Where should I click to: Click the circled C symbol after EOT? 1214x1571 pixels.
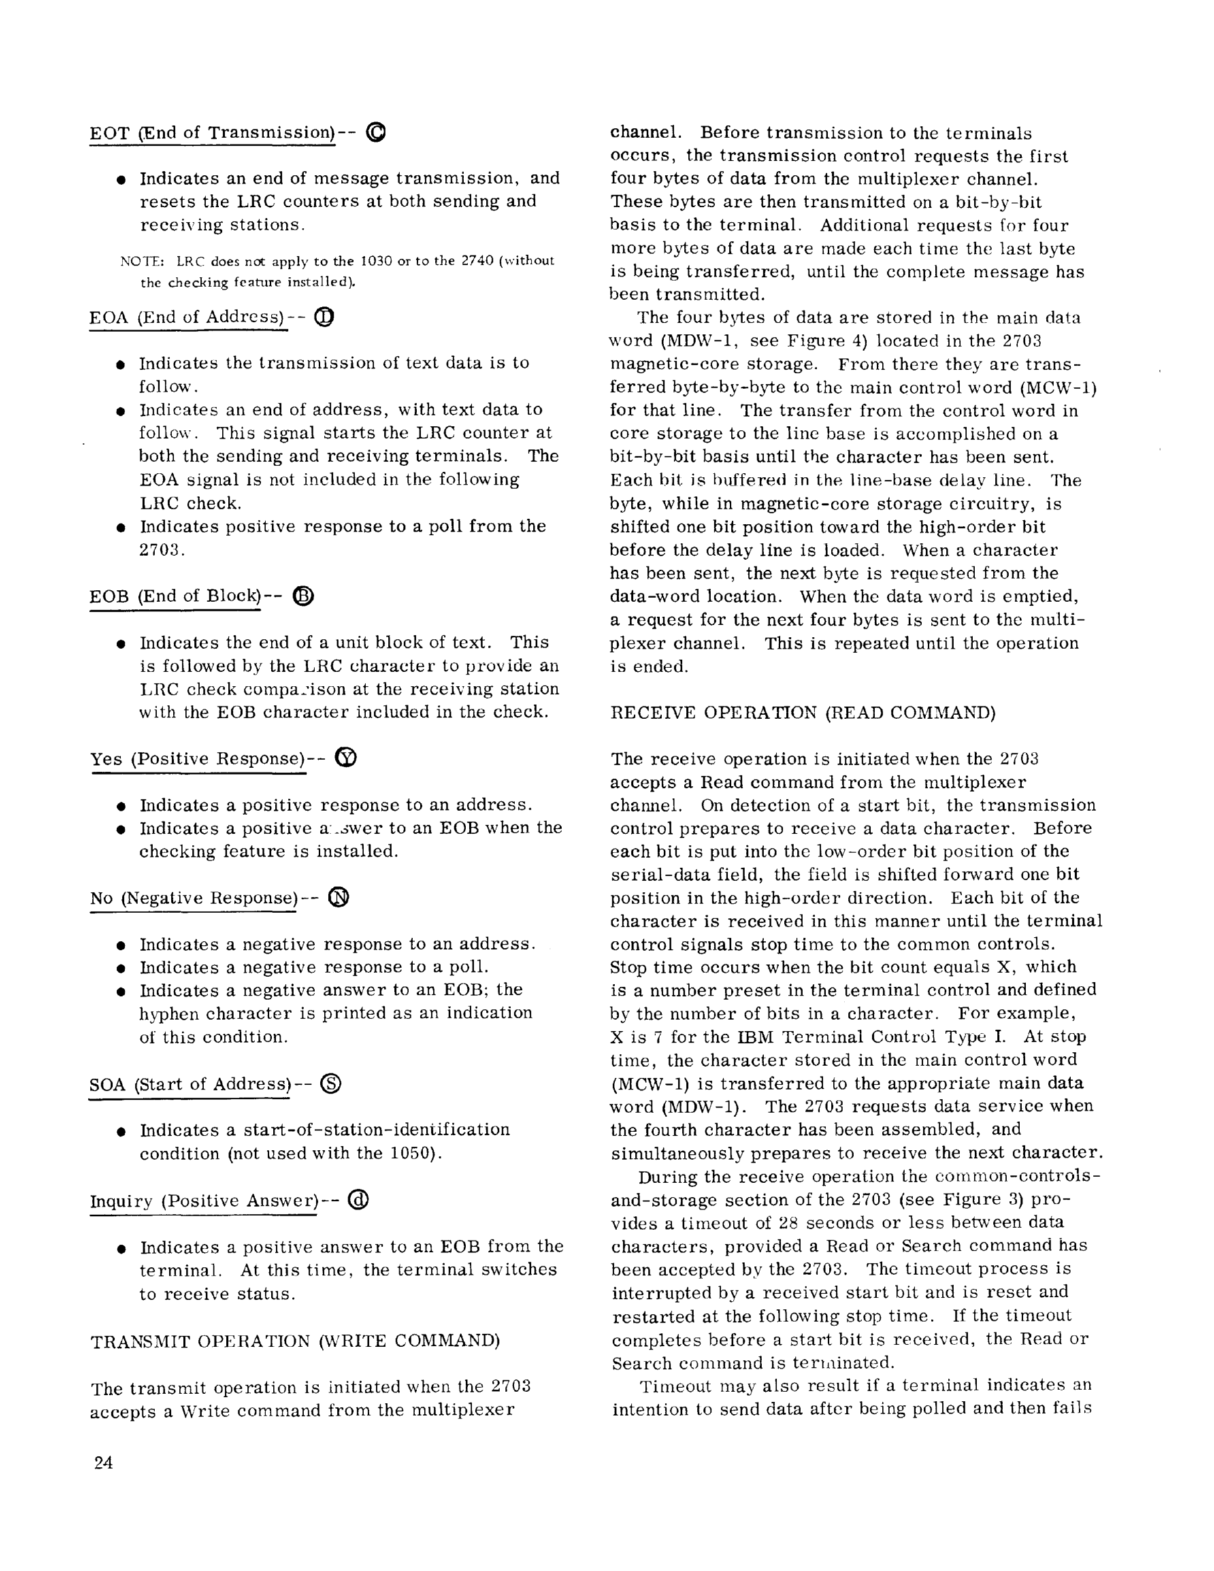point(376,133)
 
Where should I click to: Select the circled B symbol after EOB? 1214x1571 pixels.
point(303,595)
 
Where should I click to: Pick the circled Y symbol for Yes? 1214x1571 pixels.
point(346,758)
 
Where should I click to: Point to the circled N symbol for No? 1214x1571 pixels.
point(338,897)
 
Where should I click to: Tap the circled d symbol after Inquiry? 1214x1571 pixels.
point(358,1200)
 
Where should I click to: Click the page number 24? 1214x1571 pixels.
point(103,1463)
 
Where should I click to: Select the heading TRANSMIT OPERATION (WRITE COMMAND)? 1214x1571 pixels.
point(295,1341)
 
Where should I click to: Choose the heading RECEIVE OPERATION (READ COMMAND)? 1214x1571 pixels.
point(803,713)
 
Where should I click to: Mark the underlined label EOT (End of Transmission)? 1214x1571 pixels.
point(213,133)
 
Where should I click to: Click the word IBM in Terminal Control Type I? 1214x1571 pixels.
point(755,1036)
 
